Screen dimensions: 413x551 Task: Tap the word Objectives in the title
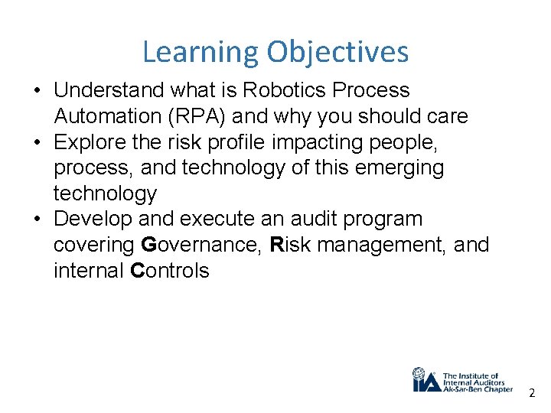click(x=337, y=53)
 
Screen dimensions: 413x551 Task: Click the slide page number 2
click(x=532, y=392)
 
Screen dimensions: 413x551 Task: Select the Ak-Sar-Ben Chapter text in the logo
click(x=478, y=389)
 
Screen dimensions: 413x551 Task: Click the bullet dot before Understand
click(x=37, y=91)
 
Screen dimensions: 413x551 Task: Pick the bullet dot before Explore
click(x=37, y=143)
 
